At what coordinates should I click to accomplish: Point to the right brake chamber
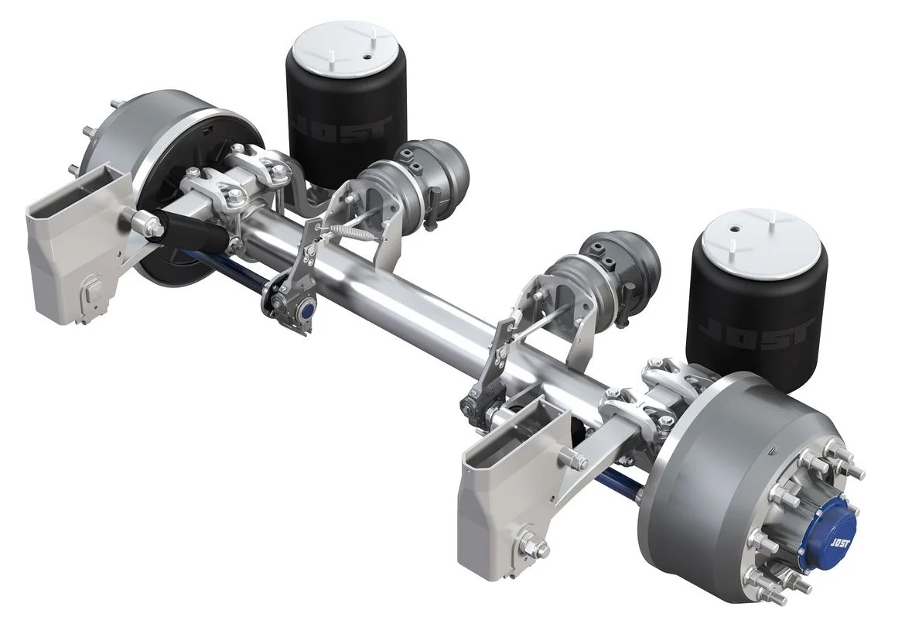[x=619, y=267]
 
